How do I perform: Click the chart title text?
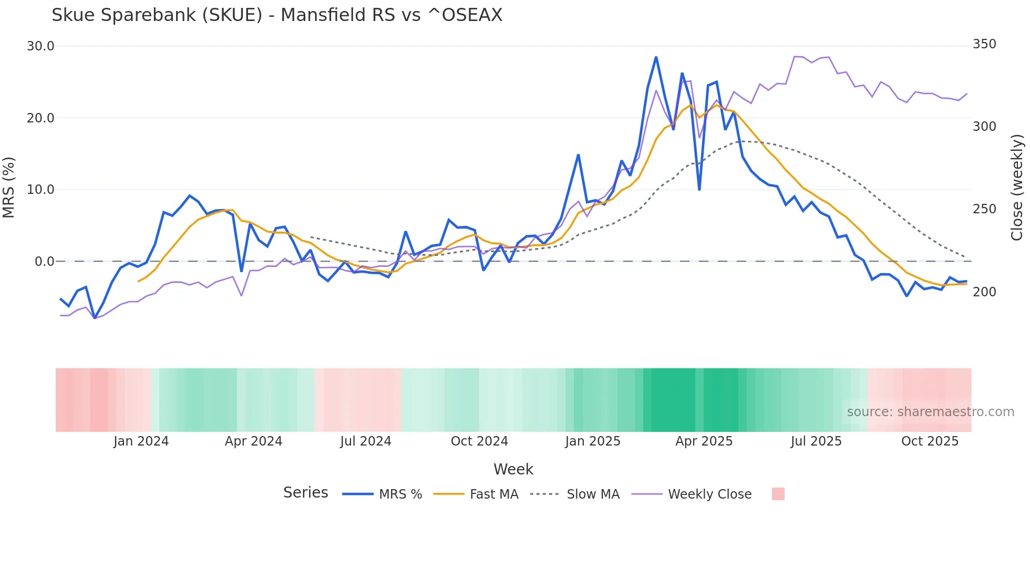click(277, 15)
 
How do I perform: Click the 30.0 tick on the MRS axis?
click(40, 46)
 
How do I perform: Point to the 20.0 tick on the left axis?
click(40, 118)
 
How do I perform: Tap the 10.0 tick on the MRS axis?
click(40, 190)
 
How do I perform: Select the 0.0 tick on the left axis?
click(44, 262)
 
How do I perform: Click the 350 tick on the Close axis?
click(984, 44)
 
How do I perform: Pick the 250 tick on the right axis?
click(984, 209)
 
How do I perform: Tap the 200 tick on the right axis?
click(984, 292)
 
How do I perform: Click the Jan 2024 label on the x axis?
click(141, 441)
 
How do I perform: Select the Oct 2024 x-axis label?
click(479, 441)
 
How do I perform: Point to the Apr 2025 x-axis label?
click(704, 441)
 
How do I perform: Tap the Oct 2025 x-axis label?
click(930, 441)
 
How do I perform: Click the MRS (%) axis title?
click(9, 188)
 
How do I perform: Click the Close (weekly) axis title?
click(1017, 188)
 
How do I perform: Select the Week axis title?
click(513, 469)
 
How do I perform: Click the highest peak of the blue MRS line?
click(656, 57)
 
